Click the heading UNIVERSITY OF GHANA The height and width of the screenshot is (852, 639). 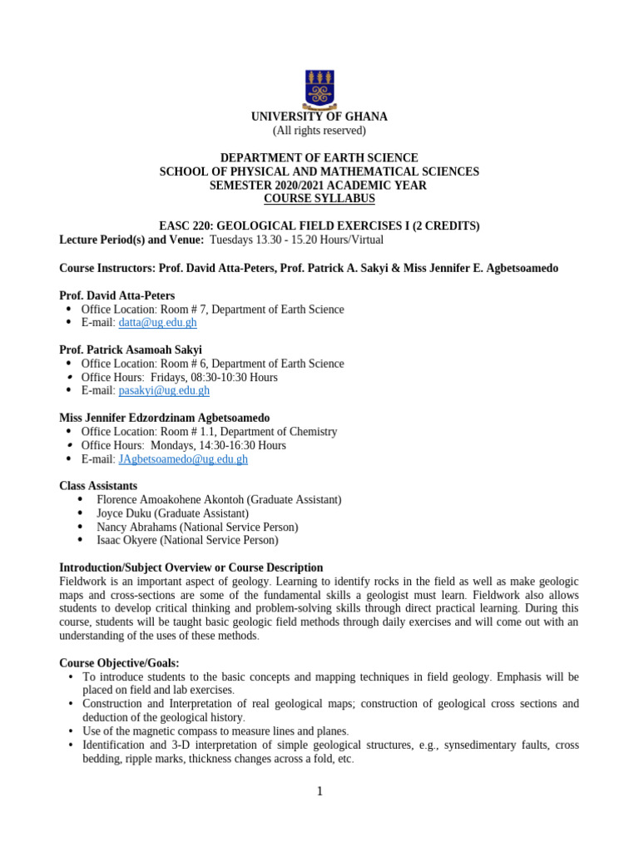click(319, 117)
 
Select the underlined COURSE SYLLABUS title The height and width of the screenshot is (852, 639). click(319, 199)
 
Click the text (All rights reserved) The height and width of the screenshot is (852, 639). click(319, 131)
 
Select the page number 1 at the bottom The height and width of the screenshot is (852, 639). click(319, 791)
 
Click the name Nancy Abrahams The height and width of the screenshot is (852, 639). click(136, 527)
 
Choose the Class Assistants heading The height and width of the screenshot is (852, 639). click(98, 486)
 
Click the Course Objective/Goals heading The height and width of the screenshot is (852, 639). click(119, 663)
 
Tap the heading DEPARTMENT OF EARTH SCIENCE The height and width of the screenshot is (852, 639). click(319, 158)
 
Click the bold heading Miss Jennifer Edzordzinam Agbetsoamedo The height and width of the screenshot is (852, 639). click(164, 418)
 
